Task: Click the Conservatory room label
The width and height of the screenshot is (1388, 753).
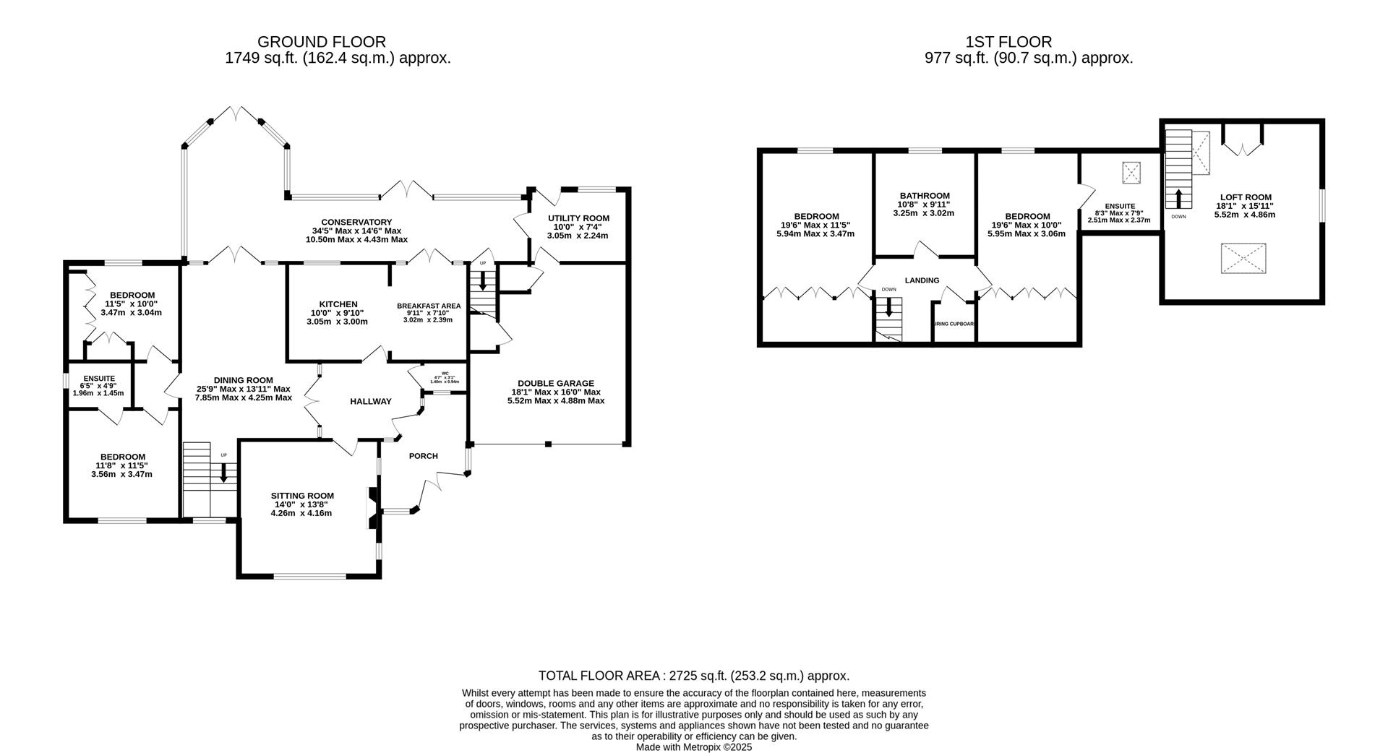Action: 356,223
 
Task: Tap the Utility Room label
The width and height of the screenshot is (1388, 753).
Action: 578,218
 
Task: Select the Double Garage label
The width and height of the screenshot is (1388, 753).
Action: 555,383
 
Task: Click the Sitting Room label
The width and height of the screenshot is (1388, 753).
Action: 302,496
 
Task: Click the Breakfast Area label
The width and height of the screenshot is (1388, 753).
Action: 428,306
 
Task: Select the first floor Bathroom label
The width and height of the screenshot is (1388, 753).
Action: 924,196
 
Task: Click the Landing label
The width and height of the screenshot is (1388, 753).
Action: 922,280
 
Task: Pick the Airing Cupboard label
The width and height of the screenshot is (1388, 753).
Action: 954,324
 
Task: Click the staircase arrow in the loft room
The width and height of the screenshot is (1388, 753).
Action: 1178,198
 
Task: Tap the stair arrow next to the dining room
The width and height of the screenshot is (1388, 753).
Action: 223,473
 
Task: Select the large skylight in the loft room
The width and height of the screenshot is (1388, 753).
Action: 1243,259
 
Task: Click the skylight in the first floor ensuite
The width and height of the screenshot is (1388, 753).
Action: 1130,172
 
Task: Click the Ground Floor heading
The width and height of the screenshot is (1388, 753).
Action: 321,42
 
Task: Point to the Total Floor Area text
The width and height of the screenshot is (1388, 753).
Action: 693,676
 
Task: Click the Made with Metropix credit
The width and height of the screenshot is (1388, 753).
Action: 693,747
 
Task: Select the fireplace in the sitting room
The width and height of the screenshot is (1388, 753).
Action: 372,510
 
